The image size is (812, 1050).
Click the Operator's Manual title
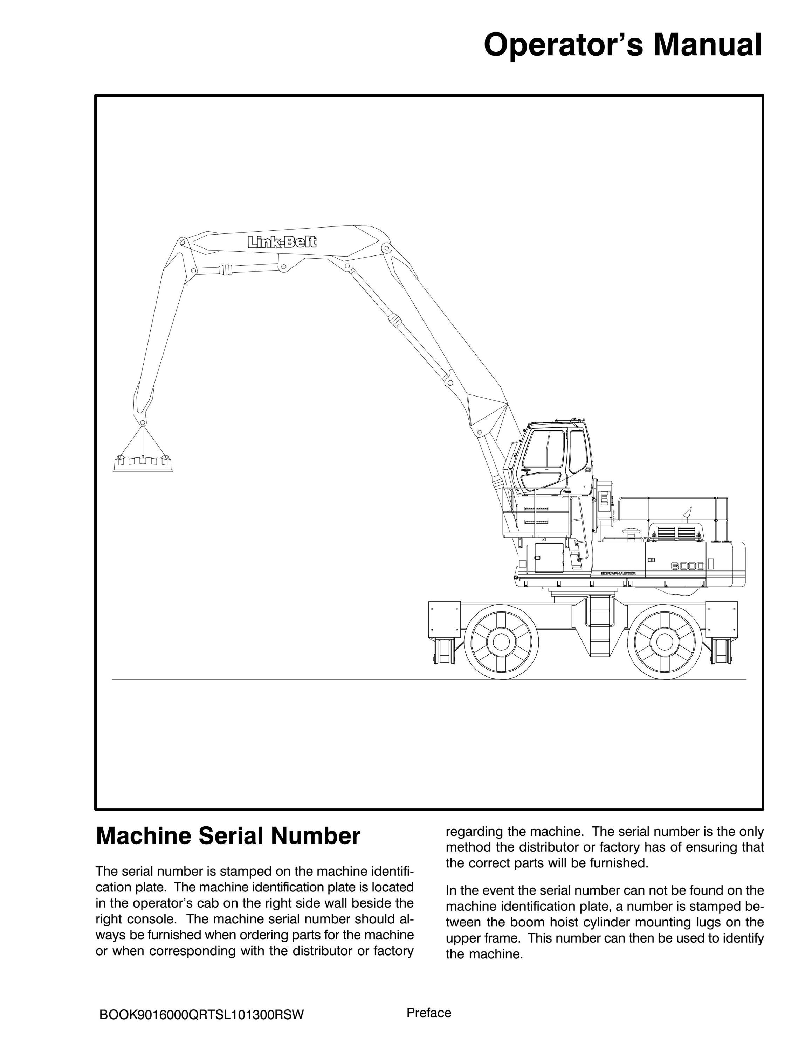click(x=622, y=45)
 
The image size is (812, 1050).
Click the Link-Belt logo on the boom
click(x=282, y=242)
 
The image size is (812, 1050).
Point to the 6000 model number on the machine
click(x=688, y=566)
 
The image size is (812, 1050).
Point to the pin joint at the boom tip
click(x=182, y=243)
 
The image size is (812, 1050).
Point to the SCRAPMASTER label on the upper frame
click(x=619, y=574)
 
